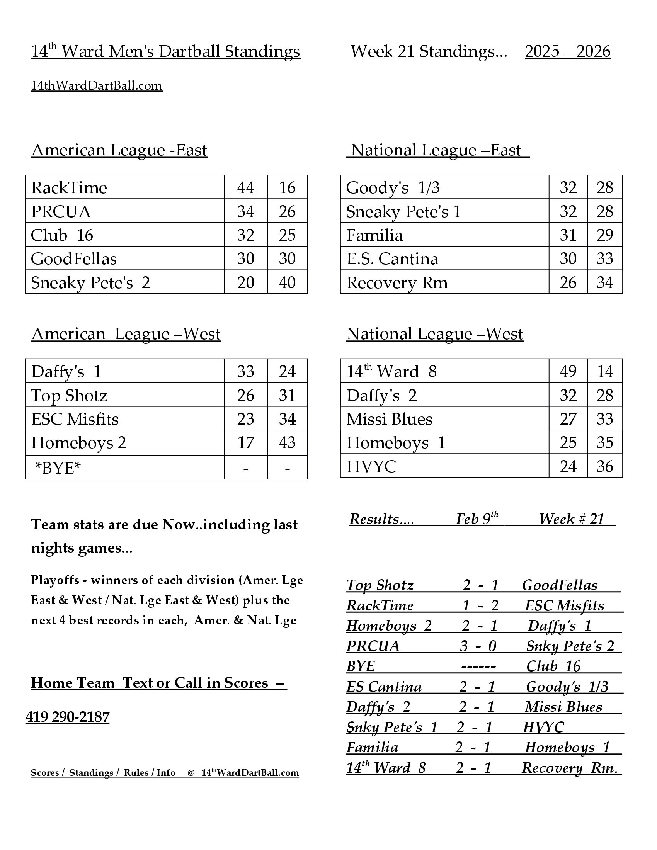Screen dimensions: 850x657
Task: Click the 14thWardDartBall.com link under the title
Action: point(97,86)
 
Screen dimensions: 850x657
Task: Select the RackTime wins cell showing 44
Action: point(245,188)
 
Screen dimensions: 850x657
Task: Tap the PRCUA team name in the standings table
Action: point(61,211)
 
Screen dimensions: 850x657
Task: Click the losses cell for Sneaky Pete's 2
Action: point(287,282)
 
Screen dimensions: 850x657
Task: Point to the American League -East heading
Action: point(119,150)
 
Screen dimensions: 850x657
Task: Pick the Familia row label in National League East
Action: point(374,235)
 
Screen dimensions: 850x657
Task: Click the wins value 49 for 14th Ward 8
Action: point(568,371)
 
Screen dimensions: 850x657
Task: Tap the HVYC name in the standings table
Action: point(371,466)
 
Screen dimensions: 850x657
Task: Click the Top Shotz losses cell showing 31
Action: point(287,395)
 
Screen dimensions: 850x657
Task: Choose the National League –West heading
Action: point(435,334)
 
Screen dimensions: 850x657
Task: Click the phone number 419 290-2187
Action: point(68,716)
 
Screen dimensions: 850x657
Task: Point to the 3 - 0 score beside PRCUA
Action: point(478,646)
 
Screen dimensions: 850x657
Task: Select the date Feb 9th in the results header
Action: point(477,519)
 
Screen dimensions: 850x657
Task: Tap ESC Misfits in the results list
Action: point(564,605)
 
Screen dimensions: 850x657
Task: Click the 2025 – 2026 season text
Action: point(567,51)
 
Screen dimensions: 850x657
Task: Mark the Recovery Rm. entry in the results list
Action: point(569,767)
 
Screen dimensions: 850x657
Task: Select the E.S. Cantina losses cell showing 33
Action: point(604,259)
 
